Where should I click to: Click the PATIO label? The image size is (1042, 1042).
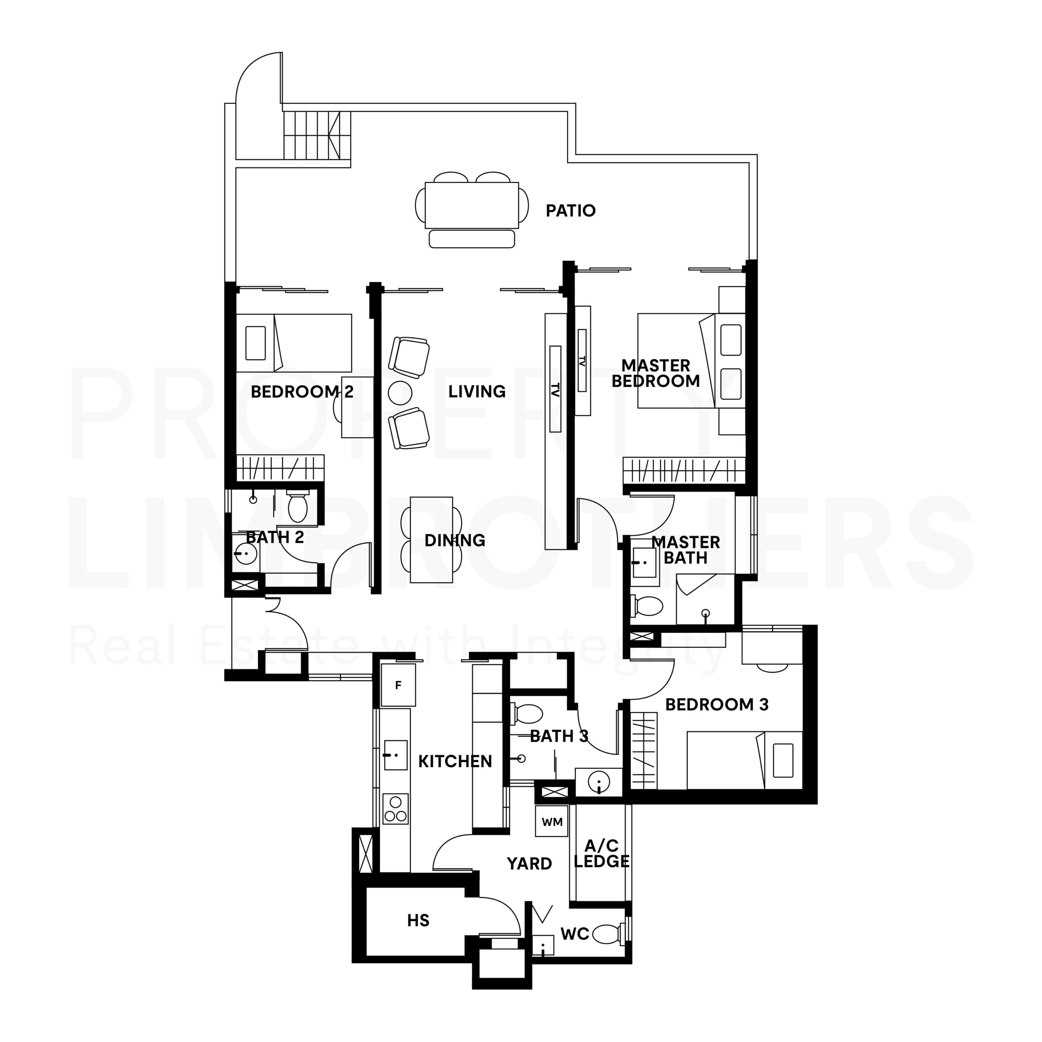[570, 211]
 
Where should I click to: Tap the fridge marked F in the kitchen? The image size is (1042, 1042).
[398, 685]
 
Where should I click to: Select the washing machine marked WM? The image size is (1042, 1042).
[552, 822]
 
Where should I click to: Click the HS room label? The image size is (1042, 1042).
[418, 920]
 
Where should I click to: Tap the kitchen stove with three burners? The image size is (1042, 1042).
[395, 808]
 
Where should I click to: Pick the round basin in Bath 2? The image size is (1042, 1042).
[246, 553]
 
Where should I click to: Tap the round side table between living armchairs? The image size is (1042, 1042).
[400, 393]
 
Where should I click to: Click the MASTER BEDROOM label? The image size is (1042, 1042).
[655, 373]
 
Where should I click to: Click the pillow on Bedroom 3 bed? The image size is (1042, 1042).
[783, 760]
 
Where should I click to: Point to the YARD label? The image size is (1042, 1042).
[529, 863]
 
